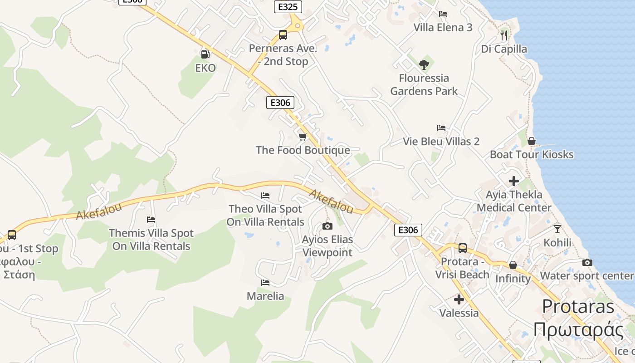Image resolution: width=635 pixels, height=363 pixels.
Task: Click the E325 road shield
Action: pos(288,7)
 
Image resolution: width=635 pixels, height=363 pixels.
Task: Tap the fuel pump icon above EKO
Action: pos(205,54)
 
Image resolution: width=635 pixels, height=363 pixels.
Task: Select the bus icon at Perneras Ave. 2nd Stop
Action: pos(283,34)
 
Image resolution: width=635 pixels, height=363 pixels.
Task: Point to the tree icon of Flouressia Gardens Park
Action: pos(424,64)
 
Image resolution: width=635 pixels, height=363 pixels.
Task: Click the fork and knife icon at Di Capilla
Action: pos(503,34)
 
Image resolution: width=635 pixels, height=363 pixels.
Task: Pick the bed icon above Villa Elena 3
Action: pos(443,14)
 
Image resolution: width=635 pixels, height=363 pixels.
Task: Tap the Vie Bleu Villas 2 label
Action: pos(441,142)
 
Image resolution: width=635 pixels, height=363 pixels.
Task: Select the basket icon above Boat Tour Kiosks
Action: pos(532,141)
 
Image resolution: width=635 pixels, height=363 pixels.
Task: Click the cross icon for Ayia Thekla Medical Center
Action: pos(513,181)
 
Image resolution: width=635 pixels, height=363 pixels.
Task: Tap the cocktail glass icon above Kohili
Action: pos(557,229)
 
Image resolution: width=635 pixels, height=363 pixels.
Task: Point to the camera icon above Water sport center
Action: pos(587,262)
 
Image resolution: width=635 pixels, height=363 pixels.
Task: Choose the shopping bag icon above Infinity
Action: pos(513,265)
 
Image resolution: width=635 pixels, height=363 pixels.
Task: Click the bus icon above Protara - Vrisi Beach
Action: pos(462,248)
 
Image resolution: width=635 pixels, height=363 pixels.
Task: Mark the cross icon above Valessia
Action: pos(459,299)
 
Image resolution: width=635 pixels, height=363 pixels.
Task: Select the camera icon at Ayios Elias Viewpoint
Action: pos(327,226)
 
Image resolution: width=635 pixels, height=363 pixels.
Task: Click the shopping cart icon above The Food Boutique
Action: pos(303,137)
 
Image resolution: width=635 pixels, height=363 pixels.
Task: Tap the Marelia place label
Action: pos(265,296)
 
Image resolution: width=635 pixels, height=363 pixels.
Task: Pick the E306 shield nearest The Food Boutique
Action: pos(280,103)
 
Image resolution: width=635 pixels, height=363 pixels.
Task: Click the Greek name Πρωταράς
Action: pos(578,330)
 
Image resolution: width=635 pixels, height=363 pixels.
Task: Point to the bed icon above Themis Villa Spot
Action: pos(151,220)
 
